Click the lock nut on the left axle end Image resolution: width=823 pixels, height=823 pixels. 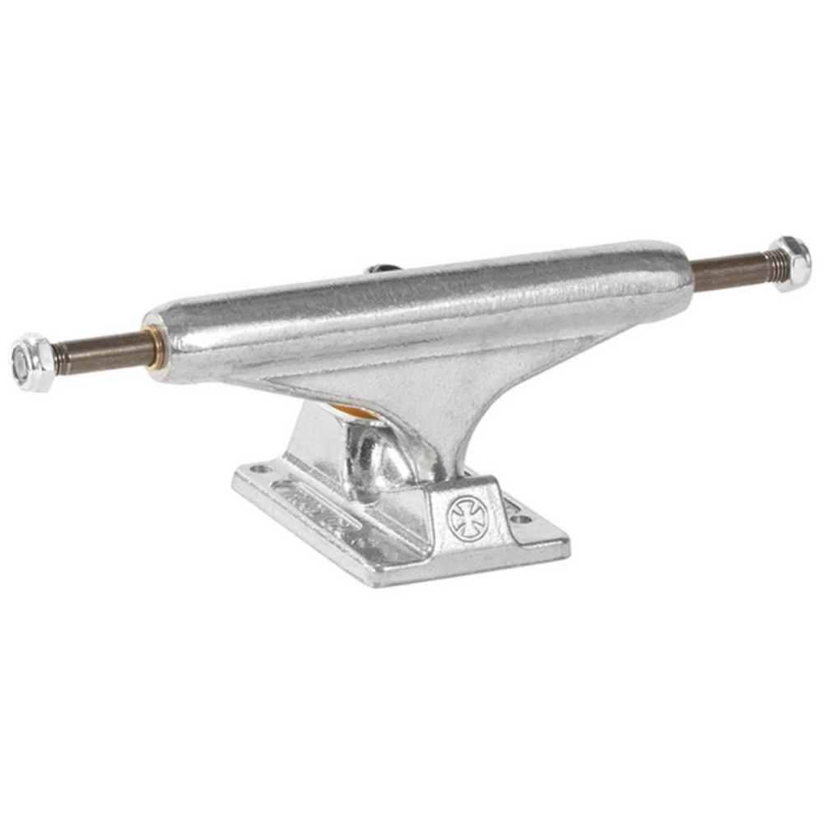tap(33, 362)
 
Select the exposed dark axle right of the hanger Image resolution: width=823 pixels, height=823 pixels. tap(728, 270)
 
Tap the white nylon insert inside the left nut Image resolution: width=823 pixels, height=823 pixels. tap(21, 363)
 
